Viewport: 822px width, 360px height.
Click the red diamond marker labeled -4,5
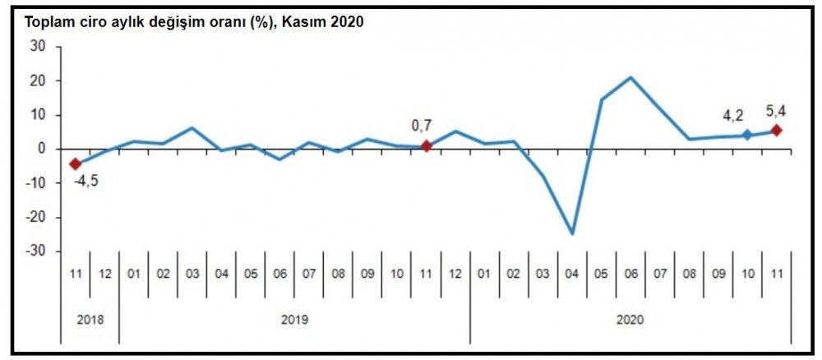pyautogui.click(x=75, y=164)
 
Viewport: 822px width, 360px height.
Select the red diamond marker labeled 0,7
pyautogui.click(x=426, y=146)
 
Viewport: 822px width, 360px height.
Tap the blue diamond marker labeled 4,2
pyautogui.click(x=747, y=135)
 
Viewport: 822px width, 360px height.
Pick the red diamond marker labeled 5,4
pyautogui.click(x=776, y=131)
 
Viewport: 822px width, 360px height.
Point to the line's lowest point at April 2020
pyautogui.click(x=572, y=233)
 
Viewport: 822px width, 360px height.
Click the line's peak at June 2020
pyautogui.click(x=630, y=78)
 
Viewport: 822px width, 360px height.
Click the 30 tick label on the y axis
pyautogui.click(x=38, y=47)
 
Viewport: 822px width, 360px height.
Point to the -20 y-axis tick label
pyautogui.click(x=35, y=217)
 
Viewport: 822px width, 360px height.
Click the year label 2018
pyautogui.click(x=90, y=320)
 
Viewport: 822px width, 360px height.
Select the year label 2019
pyautogui.click(x=294, y=320)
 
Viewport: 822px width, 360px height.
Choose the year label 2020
pyautogui.click(x=630, y=320)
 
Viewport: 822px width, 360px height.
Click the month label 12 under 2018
pyautogui.click(x=104, y=273)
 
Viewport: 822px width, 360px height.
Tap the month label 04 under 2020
pyautogui.click(x=572, y=273)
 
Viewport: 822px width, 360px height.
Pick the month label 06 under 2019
pyautogui.click(x=279, y=273)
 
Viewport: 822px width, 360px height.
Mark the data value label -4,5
pyautogui.click(x=87, y=181)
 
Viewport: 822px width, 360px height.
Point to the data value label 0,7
pyautogui.click(x=422, y=126)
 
